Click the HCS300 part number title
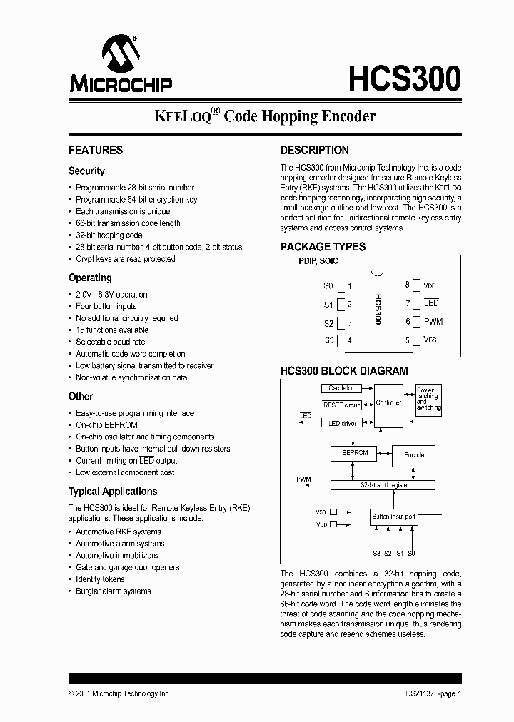(x=404, y=78)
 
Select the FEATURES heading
(x=96, y=150)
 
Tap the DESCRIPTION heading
(x=314, y=150)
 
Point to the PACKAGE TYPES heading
(x=323, y=246)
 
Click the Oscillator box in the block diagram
(x=341, y=388)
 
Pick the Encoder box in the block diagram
(x=415, y=454)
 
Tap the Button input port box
(x=393, y=516)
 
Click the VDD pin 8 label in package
(x=430, y=285)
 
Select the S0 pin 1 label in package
(x=328, y=286)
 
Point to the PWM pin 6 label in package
(x=433, y=322)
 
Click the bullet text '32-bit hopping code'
(x=109, y=235)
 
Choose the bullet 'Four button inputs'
(x=106, y=306)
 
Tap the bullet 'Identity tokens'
(x=100, y=579)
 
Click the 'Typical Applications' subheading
(x=113, y=492)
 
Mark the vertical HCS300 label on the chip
(x=378, y=310)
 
